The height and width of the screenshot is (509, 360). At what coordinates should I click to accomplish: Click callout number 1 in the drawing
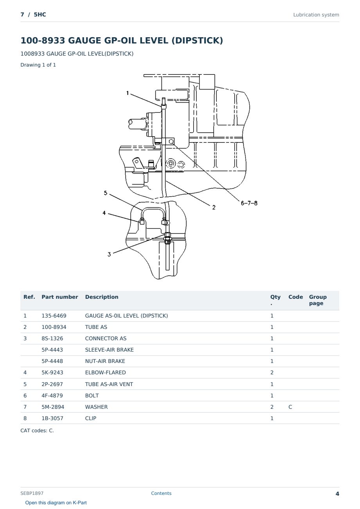128,93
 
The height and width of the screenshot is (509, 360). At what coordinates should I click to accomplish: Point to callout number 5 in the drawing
106,193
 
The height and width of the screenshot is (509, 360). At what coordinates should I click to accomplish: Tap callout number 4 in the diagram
104,213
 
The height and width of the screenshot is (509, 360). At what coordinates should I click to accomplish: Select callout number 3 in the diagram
109,254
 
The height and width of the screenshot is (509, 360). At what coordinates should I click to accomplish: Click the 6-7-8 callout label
249,203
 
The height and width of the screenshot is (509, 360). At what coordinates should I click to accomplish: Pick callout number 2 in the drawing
214,208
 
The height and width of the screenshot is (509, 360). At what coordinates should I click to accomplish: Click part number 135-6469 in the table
54,316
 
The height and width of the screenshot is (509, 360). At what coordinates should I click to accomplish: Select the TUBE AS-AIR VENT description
109,384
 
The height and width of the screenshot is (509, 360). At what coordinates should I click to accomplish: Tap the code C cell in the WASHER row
290,407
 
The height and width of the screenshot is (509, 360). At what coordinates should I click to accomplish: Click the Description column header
102,297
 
